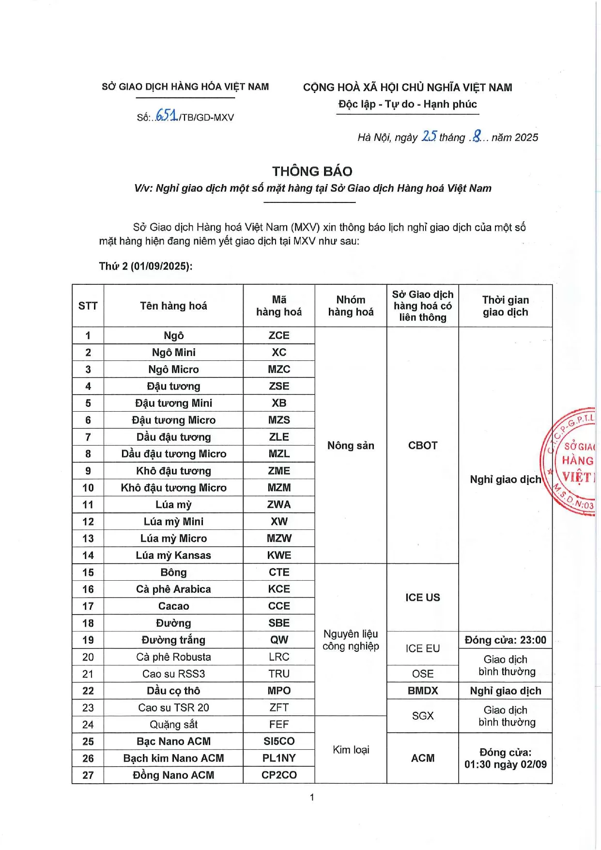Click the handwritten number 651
pyautogui.click(x=166, y=116)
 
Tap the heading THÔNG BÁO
pyautogui.click(x=312, y=171)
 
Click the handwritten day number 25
pyautogui.click(x=429, y=136)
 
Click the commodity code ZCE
pyautogui.click(x=279, y=335)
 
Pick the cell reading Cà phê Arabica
pyautogui.click(x=173, y=589)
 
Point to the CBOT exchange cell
pyautogui.click(x=422, y=445)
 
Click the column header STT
pyautogui.click(x=88, y=306)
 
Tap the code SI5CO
pyautogui.click(x=279, y=741)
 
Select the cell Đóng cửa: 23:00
pyautogui.click(x=505, y=640)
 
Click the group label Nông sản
pyautogui.click(x=351, y=445)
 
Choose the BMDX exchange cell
pyautogui.click(x=422, y=691)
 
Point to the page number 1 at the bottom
pyautogui.click(x=312, y=797)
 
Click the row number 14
pyautogui.click(x=88, y=555)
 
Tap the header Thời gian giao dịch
pyautogui.click(x=505, y=306)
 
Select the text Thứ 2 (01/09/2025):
pyautogui.click(x=146, y=266)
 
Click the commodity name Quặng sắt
pyautogui.click(x=173, y=724)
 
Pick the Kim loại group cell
pyautogui.click(x=351, y=750)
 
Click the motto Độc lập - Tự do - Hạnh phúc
pyautogui.click(x=407, y=104)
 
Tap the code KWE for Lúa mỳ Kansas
pyautogui.click(x=279, y=555)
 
